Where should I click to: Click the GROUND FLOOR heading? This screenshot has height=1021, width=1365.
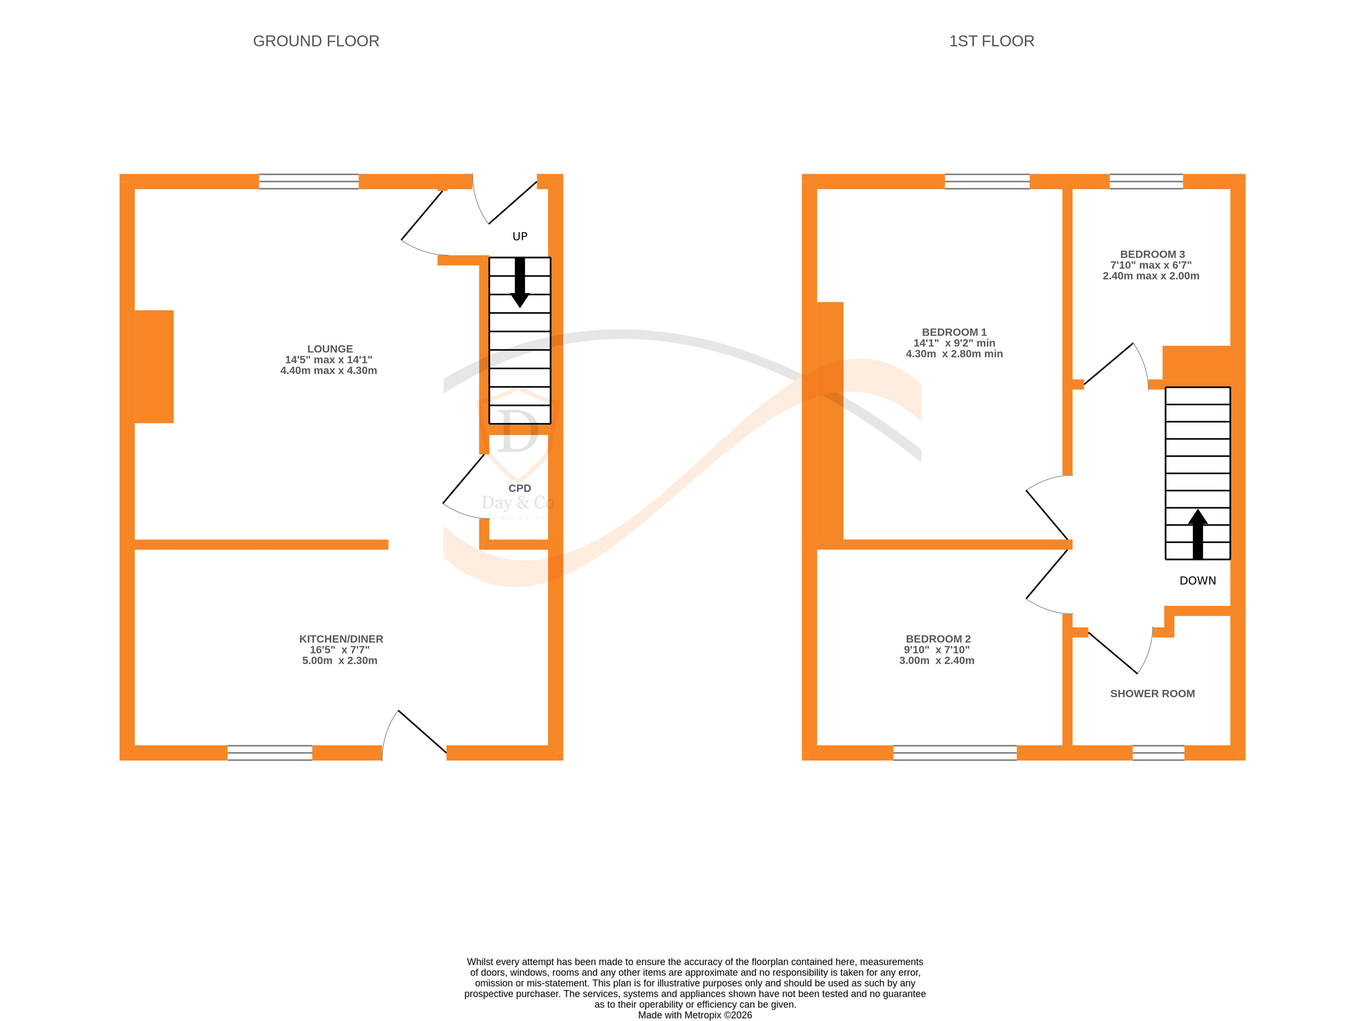tap(316, 41)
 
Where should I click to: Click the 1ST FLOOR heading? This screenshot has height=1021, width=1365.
tap(991, 41)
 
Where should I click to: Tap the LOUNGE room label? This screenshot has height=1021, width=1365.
tap(330, 349)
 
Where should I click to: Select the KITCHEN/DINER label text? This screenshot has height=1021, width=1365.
tap(341, 639)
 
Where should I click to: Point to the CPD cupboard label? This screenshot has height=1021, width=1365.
tap(520, 488)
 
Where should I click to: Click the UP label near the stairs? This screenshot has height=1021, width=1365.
tap(520, 236)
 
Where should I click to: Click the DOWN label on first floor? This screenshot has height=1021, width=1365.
tap(1197, 581)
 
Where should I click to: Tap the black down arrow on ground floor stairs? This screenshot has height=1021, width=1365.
tap(520, 284)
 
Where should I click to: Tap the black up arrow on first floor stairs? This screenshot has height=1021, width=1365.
tap(1197, 534)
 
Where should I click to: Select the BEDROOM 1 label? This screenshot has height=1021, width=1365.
tap(954, 332)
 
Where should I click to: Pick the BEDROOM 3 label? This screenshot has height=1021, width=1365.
tap(1151, 254)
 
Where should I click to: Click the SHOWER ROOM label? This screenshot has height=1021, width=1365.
tap(1152, 694)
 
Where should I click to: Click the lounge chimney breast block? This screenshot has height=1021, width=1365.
tap(154, 367)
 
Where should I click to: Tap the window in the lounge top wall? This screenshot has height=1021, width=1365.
tap(309, 181)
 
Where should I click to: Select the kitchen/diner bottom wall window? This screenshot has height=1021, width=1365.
tap(270, 753)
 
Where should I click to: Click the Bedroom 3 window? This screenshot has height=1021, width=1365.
tap(1146, 181)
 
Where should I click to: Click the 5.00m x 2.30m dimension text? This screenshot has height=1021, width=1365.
tap(339, 661)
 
